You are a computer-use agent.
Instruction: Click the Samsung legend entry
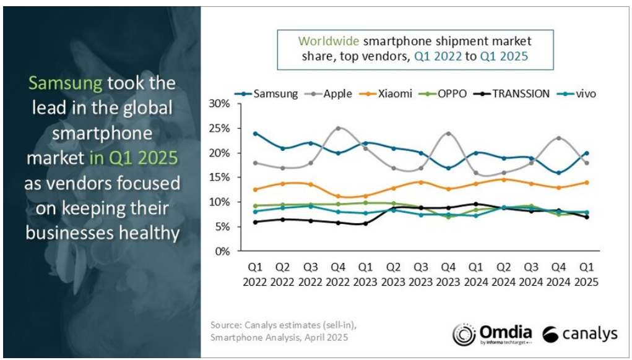(266, 94)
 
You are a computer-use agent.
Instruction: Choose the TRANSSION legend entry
(512, 94)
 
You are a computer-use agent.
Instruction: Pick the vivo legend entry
(576, 94)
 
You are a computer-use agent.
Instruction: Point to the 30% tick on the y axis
(219, 103)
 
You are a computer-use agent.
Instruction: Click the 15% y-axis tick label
(219, 177)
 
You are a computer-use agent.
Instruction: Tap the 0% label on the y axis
(221, 251)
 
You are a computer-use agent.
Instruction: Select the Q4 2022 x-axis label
(338, 274)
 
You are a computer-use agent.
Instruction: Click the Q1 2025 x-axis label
(586, 274)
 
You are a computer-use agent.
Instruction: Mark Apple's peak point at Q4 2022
(338, 129)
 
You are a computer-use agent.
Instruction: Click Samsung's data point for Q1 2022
(255, 133)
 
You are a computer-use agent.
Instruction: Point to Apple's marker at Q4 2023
(448, 133)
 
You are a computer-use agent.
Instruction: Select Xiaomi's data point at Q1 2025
(586, 182)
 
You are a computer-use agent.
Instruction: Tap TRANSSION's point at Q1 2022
(255, 222)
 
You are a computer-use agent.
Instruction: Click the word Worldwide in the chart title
(329, 41)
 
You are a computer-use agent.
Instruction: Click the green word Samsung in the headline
(66, 84)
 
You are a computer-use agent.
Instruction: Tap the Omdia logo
(492, 334)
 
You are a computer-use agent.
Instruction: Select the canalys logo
(580, 334)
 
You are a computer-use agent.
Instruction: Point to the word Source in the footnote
(226, 325)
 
